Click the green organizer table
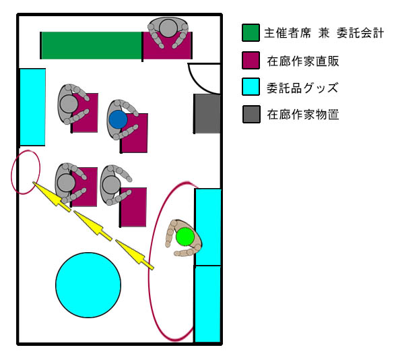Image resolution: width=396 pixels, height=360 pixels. pos(91,46)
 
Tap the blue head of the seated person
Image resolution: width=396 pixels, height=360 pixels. pos(119,119)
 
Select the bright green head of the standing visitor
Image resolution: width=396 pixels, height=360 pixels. pos(185,237)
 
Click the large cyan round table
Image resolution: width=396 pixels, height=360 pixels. pos(88,285)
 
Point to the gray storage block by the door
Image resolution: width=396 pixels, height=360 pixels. pos(207,114)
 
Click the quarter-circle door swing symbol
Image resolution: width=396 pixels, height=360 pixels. pos(199,82)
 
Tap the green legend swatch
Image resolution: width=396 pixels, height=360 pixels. pos(251,32)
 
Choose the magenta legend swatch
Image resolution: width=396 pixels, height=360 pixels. pos(251,60)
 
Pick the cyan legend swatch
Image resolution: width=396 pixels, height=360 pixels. pos(251,87)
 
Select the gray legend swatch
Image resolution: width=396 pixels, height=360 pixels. pos(251,115)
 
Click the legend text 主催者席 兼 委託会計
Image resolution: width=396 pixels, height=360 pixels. pos(324,33)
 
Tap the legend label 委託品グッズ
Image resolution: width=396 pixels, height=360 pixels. pos(302,88)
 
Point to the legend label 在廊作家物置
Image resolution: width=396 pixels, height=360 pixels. pos(303,115)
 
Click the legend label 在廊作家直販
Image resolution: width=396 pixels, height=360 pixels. pos(303,61)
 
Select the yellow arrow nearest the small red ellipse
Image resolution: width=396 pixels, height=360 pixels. pos(52,197)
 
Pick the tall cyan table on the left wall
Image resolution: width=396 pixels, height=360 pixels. pos(32,107)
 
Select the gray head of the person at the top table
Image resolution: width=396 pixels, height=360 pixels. pos(168,28)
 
